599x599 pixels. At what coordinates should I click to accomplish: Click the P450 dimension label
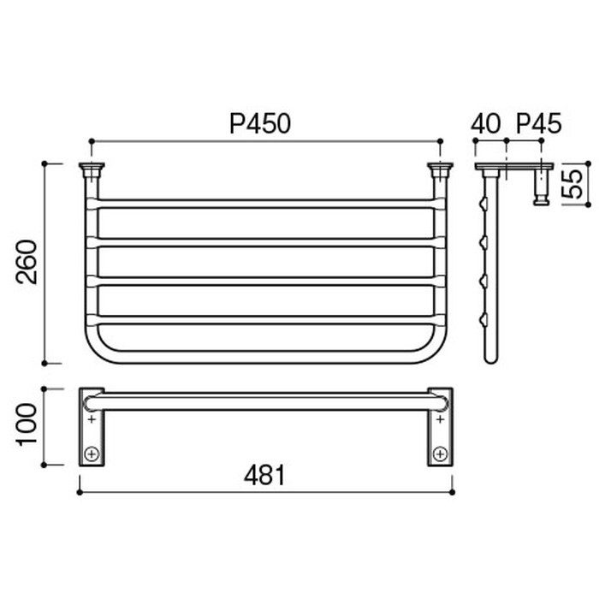pyautogui.click(x=260, y=123)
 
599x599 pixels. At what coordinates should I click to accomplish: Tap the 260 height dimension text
pyautogui.click(x=27, y=262)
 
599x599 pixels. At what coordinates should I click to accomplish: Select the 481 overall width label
pyautogui.click(x=264, y=476)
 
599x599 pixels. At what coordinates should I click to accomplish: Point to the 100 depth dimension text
pyautogui.click(x=27, y=424)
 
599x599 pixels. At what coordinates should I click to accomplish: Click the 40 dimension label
pyautogui.click(x=485, y=123)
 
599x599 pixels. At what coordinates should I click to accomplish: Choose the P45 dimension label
pyautogui.click(x=538, y=123)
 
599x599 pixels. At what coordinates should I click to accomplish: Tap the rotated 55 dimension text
pyautogui.click(x=572, y=184)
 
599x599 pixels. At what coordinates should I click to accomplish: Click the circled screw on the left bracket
pyautogui.click(x=92, y=454)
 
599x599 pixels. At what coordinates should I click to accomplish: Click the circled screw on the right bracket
pyautogui.click(x=441, y=454)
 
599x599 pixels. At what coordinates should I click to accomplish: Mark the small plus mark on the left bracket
pyautogui.click(x=92, y=419)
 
